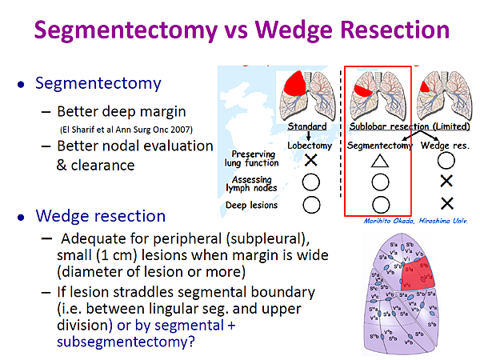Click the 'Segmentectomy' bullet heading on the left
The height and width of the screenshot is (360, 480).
point(99,83)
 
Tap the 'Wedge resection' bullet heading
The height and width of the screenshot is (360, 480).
point(101,216)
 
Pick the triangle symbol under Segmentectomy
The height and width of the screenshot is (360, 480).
point(379,160)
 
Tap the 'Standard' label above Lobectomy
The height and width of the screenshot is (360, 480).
point(307,126)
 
